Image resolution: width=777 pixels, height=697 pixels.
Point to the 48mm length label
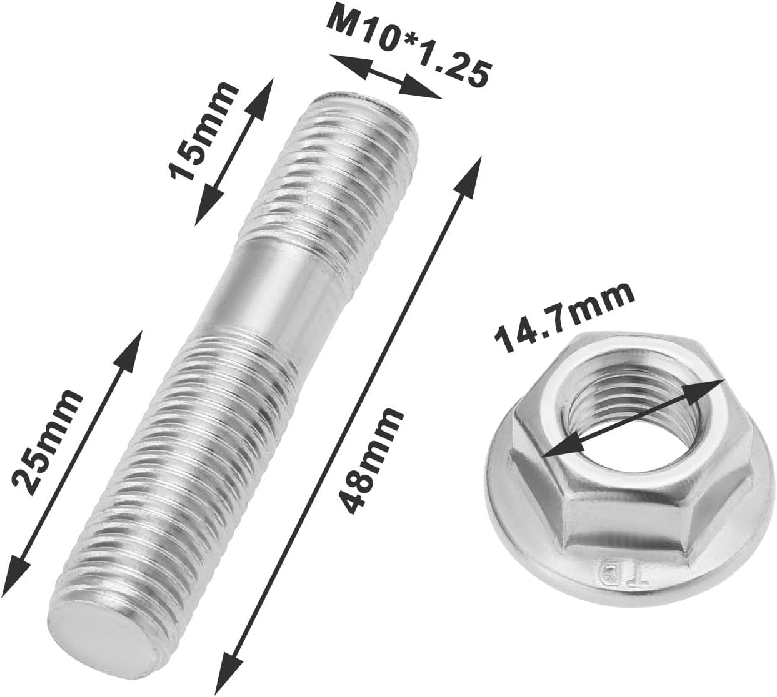click(369, 461)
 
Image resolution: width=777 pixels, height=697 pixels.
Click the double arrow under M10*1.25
click(385, 77)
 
